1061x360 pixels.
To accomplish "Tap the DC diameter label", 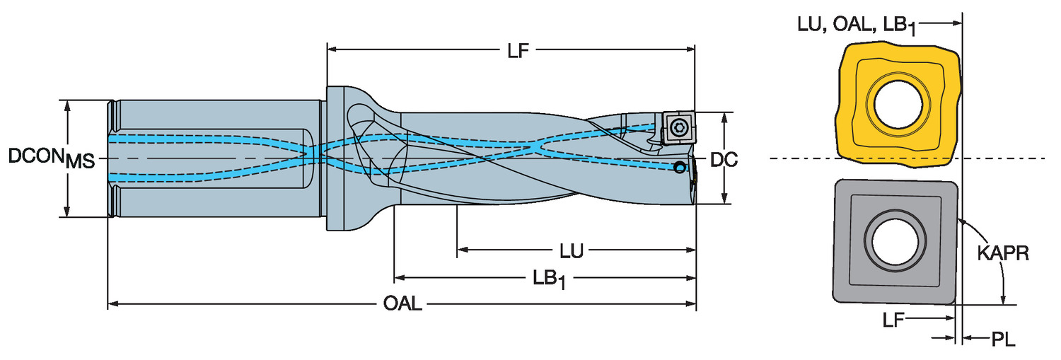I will (x=724, y=161).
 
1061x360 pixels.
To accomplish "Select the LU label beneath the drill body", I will (x=572, y=250).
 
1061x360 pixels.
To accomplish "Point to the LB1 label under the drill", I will (x=549, y=279).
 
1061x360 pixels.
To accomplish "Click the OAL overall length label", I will (x=402, y=306).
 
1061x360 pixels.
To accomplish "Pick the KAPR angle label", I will (x=1003, y=252).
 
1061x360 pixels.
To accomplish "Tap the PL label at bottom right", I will (x=1002, y=340).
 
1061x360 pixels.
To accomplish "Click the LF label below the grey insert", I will (x=893, y=320).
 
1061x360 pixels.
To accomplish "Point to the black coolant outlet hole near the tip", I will (x=679, y=168).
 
